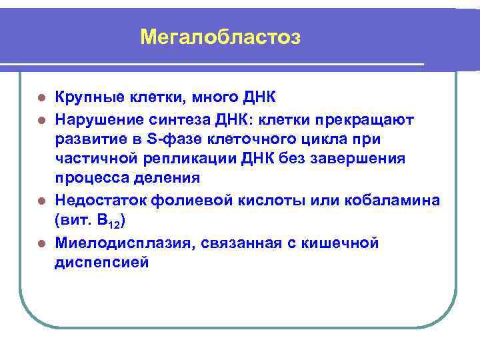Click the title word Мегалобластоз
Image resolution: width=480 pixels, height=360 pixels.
pyautogui.click(x=221, y=37)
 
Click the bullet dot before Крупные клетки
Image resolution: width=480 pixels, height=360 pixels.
pyautogui.click(x=42, y=99)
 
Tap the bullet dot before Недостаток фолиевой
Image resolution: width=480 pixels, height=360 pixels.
pyautogui.click(x=42, y=200)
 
